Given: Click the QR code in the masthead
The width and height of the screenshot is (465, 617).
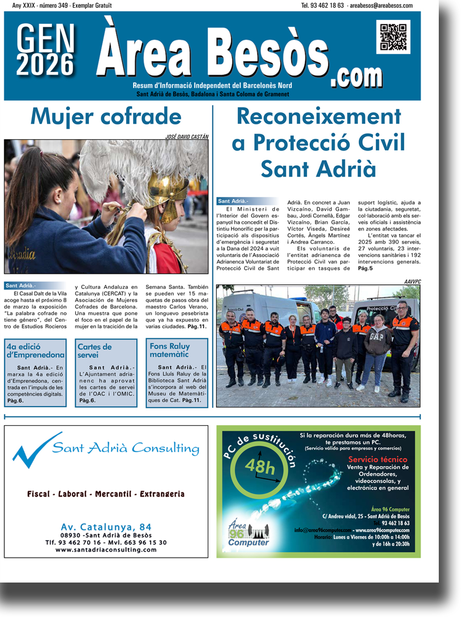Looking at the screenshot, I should coord(393,37).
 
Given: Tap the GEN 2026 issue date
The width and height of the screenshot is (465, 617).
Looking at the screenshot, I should coord(45,50).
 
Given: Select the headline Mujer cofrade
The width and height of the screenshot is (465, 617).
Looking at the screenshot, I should coord(106,117).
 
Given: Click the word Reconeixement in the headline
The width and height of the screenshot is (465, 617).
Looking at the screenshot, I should coord(318,117).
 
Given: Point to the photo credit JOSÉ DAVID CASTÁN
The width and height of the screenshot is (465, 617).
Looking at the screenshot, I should coord(187,136).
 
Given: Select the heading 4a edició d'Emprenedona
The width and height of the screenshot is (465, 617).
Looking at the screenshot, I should coord(35,351).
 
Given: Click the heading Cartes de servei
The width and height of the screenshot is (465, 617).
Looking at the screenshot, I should coord(95,351).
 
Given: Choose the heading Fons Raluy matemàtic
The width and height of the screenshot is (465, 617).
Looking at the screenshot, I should coord(170,350).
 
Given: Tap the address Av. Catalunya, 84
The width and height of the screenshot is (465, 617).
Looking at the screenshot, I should coord(106,527).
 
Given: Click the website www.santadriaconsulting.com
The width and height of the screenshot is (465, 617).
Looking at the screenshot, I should coord(106,550).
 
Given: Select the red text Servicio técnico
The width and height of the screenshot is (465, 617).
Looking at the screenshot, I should coord(378,459).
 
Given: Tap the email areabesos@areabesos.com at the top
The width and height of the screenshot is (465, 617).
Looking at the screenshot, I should coord(381,6).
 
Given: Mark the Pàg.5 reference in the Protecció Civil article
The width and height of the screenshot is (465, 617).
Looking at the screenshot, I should coord(365,268).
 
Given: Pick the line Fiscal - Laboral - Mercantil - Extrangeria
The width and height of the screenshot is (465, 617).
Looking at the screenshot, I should coord(106,494).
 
